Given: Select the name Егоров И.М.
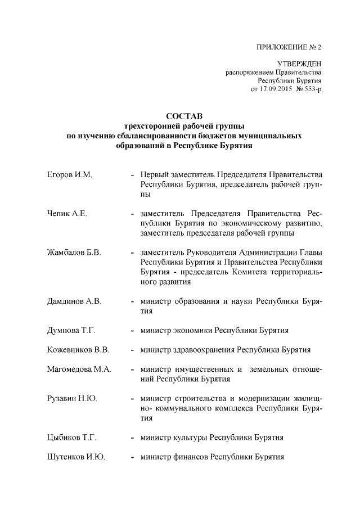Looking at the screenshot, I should pyautogui.click(x=69, y=176).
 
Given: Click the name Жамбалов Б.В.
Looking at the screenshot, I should pyautogui.click(x=74, y=253).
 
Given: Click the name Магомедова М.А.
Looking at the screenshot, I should pyautogui.click(x=79, y=370).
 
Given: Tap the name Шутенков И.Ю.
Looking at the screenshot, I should pyautogui.click(x=76, y=457).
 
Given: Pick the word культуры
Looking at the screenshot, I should pyautogui.click(x=192, y=437).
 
